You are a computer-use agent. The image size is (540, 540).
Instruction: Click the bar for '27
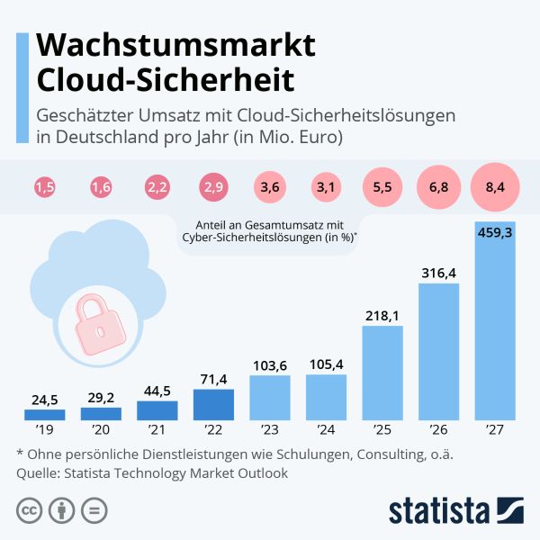click(495, 321)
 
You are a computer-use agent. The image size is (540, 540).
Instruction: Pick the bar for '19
click(44, 415)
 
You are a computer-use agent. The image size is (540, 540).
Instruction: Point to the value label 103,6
click(269, 364)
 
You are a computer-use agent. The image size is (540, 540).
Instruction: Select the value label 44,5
click(157, 390)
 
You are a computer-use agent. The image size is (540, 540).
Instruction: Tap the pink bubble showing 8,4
click(495, 188)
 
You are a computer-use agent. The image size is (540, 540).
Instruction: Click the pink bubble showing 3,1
click(326, 188)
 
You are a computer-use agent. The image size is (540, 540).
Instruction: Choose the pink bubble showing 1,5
click(44, 188)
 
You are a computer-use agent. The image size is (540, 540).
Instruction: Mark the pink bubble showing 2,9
click(213, 188)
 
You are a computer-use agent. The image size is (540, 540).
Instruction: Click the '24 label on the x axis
click(326, 429)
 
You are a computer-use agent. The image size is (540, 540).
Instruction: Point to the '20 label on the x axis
click(101, 429)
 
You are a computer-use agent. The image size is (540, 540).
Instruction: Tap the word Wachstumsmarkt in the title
click(175, 45)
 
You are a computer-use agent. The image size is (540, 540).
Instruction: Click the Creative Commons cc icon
click(30, 510)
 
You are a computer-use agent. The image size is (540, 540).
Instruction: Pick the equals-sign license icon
click(93, 510)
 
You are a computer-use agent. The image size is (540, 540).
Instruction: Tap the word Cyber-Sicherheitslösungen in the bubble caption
click(258, 237)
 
